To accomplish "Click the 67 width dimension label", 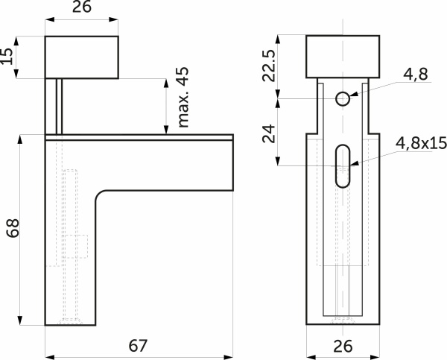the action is click(x=138, y=345).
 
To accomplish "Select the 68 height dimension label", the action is click(x=13, y=228).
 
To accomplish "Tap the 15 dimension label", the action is click(x=7, y=57).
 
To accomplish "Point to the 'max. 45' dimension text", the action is click(x=183, y=97).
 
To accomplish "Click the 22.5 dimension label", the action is click(x=268, y=66).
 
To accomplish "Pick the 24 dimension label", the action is click(x=268, y=133).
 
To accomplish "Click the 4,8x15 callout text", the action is click(x=421, y=143).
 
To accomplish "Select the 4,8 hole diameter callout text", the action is click(x=416, y=75).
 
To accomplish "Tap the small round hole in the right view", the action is click(x=343, y=99).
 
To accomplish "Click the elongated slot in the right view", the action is click(x=343, y=166).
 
